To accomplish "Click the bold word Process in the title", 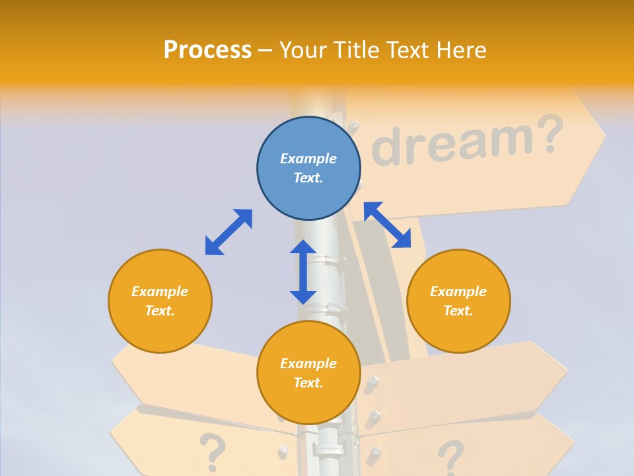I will click(x=207, y=50).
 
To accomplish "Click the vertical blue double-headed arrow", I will click(x=303, y=272).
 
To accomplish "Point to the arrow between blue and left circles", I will click(x=229, y=232).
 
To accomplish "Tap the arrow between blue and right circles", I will click(x=395, y=225).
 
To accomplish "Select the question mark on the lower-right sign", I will click(x=450, y=457).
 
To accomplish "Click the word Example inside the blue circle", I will click(x=308, y=159).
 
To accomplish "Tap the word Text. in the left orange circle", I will click(x=160, y=311).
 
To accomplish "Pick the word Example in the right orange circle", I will click(x=458, y=292).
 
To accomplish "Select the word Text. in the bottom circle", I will click(x=308, y=383).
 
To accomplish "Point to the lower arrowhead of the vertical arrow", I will click(x=303, y=296).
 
